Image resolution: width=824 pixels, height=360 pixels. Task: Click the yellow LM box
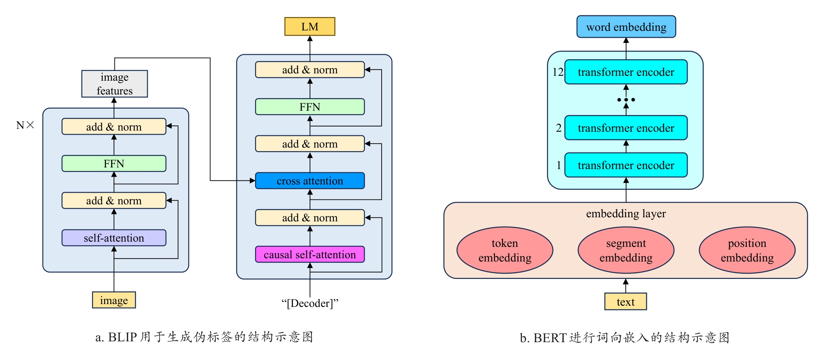[x=310, y=27]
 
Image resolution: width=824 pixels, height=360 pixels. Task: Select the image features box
[x=114, y=84]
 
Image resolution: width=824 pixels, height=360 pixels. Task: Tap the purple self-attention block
[x=114, y=238]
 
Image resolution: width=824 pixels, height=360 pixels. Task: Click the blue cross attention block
[x=310, y=181]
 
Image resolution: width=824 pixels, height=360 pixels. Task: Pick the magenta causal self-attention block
[x=310, y=255]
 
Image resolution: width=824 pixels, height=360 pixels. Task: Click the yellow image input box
[x=114, y=300]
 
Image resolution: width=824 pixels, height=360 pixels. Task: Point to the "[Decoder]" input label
[x=310, y=303]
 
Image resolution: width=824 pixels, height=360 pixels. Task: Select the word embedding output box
[x=626, y=27]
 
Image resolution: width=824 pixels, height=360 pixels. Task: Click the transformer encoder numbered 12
[x=626, y=72]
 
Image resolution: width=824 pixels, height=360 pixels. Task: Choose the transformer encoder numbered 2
[x=626, y=128]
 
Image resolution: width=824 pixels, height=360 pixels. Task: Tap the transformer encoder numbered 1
[x=626, y=165]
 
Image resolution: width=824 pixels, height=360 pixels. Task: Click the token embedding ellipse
[x=505, y=250]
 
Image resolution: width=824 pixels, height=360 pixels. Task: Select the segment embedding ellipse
[x=626, y=250]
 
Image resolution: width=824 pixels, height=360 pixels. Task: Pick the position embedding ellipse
[x=747, y=250]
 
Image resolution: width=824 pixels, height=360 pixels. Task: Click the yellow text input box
[x=625, y=302]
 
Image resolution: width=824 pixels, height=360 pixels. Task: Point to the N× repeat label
[x=25, y=125]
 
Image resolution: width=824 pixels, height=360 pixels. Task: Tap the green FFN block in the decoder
[x=310, y=107]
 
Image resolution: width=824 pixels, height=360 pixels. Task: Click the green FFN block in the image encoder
[x=114, y=164]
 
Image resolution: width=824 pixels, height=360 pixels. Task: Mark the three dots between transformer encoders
[x=626, y=100]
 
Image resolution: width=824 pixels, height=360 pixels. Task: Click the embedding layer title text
[x=626, y=214]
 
